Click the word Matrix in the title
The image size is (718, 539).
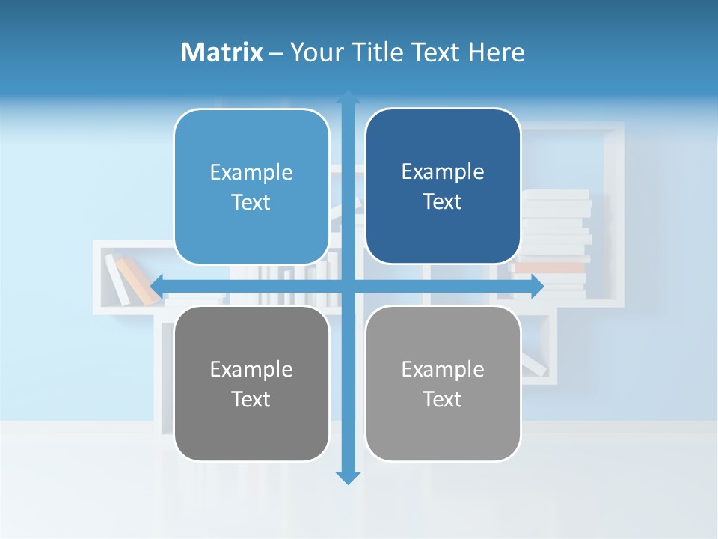(222, 52)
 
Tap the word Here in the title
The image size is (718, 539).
(497, 52)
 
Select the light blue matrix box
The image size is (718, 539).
(251, 187)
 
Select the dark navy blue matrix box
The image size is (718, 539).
(443, 186)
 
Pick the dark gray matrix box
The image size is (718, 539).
(251, 383)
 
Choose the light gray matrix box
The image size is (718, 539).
(443, 383)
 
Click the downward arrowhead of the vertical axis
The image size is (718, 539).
(348, 477)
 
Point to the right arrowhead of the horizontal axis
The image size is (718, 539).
(537, 286)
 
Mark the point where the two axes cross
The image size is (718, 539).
(348, 286)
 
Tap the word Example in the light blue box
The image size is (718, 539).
(251, 173)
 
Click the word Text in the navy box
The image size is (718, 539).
(443, 202)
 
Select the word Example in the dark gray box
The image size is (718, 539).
(251, 369)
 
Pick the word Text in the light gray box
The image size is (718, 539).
(443, 399)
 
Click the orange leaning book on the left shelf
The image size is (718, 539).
(139, 281)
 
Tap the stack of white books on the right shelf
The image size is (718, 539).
(555, 225)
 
